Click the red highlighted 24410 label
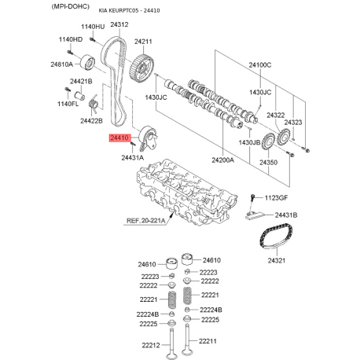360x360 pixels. tap(119, 138)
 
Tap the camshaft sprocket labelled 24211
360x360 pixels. tap(141, 68)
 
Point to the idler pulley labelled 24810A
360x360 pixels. tap(87, 63)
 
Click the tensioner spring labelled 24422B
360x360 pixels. tap(94, 104)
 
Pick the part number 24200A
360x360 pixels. tap(222, 160)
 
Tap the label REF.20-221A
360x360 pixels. tap(146, 221)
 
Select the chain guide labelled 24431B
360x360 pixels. tap(255, 215)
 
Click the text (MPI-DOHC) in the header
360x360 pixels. tap(71, 6)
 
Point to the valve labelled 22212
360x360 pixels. tap(172, 344)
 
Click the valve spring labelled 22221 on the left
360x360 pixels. tap(171, 299)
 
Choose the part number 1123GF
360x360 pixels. tap(276, 198)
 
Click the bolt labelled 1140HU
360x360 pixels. tap(92, 39)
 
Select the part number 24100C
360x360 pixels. tap(260, 64)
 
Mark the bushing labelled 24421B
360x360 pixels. tap(79, 95)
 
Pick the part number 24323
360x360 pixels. tap(293, 123)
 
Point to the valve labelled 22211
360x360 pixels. tap(186, 340)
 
